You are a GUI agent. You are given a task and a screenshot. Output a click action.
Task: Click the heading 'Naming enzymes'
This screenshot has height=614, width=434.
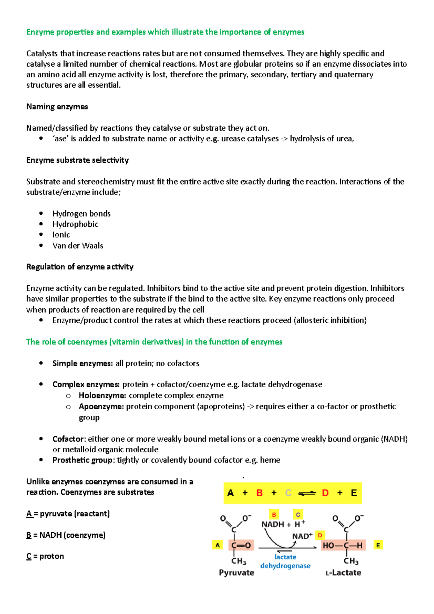[x=57, y=107]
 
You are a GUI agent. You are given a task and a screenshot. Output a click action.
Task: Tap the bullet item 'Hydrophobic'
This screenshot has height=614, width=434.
[x=75, y=224]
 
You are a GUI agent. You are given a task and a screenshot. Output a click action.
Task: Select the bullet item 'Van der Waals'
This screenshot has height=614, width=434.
[x=78, y=246]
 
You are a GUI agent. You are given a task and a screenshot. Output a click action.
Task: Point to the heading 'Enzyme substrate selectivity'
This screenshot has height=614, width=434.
[x=77, y=160]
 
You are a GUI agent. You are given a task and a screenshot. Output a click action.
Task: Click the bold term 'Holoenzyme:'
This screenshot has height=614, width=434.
[x=102, y=395]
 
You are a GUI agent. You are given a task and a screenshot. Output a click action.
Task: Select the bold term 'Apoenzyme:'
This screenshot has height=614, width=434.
[x=101, y=406]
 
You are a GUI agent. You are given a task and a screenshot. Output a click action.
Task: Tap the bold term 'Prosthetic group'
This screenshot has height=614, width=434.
[x=82, y=460]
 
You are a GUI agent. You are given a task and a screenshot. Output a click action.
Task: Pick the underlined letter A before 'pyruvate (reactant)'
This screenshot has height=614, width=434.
[x=29, y=513]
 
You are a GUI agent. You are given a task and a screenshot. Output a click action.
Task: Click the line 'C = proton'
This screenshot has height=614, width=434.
[x=45, y=556]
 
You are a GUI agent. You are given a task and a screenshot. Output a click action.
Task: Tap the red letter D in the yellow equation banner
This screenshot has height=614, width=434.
[x=325, y=493]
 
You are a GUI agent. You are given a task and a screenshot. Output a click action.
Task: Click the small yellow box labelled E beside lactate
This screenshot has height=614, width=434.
[x=378, y=545]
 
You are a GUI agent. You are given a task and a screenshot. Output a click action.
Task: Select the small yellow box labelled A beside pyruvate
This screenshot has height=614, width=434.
[x=217, y=545]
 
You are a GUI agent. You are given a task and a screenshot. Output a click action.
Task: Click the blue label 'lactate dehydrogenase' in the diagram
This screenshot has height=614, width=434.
[x=285, y=562]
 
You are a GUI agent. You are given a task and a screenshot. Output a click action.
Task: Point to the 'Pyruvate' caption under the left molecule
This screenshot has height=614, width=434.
[x=237, y=573]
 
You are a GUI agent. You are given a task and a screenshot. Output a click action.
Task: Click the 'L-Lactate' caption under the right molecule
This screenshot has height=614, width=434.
[x=343, y=573]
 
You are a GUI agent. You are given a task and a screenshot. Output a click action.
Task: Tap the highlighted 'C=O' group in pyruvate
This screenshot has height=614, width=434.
[x=241, y=545]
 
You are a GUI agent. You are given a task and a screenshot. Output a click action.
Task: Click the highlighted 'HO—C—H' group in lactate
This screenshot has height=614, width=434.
[x=343, y=545]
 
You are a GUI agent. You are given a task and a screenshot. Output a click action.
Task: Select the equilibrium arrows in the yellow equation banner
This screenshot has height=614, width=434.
[x=307, y=493]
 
